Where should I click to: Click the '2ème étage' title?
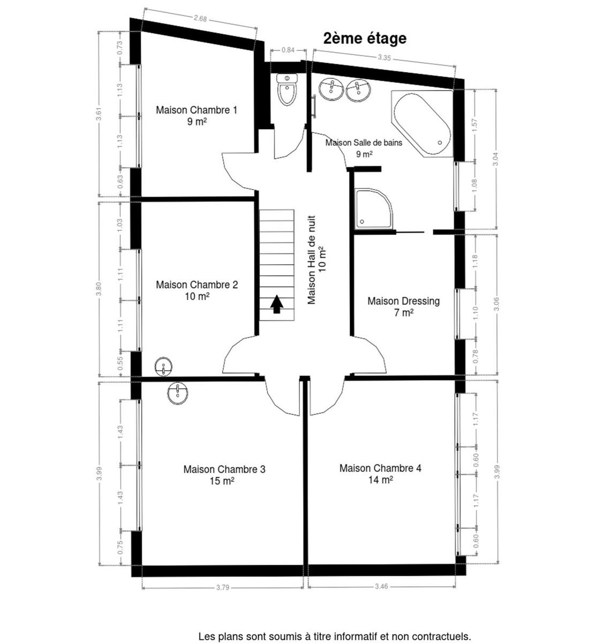(x=365, y=39)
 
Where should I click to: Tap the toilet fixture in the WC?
(x=286, y=89)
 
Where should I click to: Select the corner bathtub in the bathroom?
(x=422, y=124)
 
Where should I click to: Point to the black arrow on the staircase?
(x=277, y=304)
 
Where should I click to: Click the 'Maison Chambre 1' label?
(x=197, y=110)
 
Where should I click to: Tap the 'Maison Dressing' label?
(x=403, y=301)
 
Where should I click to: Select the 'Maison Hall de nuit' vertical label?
(x=311, y=260)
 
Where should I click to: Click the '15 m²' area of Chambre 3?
(x=222, y=481)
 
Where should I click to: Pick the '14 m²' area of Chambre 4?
(x=381, y=480)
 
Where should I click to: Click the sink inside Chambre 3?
(x=178, y=393)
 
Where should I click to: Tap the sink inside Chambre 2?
(x=163, y=367)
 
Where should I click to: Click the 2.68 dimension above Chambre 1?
(x=200, y=19)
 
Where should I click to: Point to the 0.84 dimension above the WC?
(x=288, y=50)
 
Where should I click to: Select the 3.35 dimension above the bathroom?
(x=384, y=58)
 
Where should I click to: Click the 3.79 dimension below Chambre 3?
(x=223, y=587)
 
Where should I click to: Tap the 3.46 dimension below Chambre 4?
(x=381, y=586)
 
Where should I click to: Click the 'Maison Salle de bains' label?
(x=364, y=143)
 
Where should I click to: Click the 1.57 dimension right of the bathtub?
(x=474, y=125)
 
